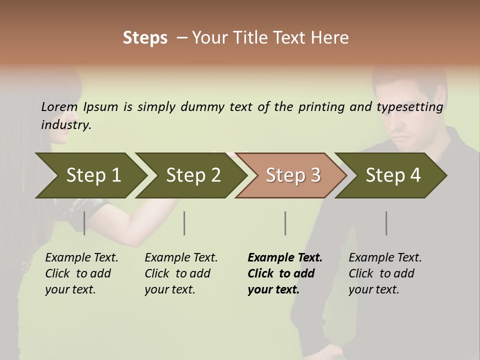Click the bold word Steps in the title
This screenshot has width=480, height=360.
click(145, 38)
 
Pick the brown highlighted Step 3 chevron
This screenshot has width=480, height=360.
click(291, 175)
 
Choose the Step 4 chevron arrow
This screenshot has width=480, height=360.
click(391, 175)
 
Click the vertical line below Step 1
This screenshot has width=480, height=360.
click(84, 223)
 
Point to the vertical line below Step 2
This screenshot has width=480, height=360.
click(184, 223)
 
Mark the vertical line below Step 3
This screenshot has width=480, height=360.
click(285, 223)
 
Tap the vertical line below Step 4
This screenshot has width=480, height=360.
click(386, 223)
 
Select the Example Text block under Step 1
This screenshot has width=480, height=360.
click(81, 273)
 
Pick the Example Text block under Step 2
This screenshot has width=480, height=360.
click(181, 273)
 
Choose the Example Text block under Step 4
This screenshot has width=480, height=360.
click(385, 273)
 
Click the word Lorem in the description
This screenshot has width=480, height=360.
click(59, 107)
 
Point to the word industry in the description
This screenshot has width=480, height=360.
click(66, 125)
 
